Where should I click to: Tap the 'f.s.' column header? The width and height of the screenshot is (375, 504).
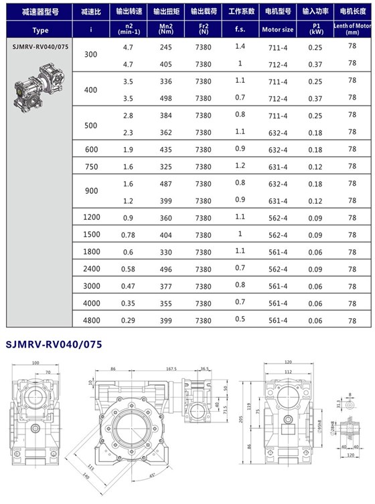pyautogui.click(x=240, y=30)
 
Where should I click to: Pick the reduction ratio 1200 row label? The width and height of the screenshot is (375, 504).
pyautogui.click(x=90, y=218)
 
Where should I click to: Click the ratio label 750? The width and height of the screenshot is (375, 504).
pyautogui.click(x=90, y=166)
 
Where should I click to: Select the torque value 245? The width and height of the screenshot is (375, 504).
pyautogui.click(x=167, y=47)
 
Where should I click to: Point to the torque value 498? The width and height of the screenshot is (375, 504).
pyautogui.click(x=167, y=98)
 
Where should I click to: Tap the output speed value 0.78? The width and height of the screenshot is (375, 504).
pyautogui.click(x=128, y=235)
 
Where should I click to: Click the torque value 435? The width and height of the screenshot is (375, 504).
pyautogui.click(x=167, y=148)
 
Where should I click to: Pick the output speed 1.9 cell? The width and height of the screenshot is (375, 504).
pyautogui.click(x=128, y=148)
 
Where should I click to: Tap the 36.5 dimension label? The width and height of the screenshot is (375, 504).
pyautogui.click(x=204, y=368)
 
